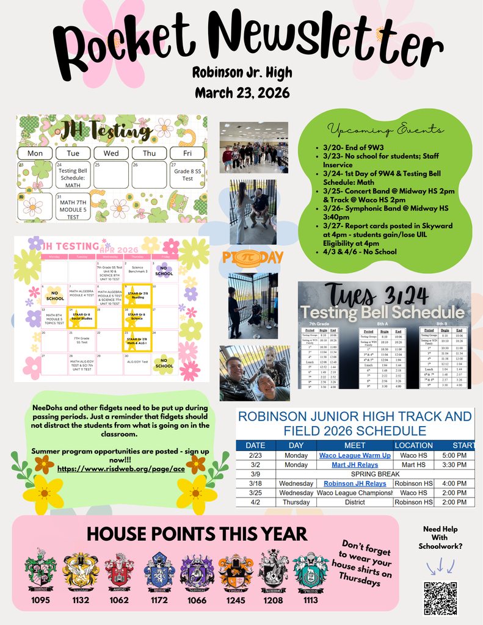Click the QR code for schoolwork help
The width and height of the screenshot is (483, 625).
pyautogui.click(x=440, y=598)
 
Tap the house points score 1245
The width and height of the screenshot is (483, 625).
pyautogui.click(x=235, y=600)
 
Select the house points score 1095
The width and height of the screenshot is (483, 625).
pyautogui.click(x=40, y=600)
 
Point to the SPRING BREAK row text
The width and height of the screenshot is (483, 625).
pyautogui.click(x=375, y=474)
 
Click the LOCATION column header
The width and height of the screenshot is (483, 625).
pyautogui.click(x=413, y=446)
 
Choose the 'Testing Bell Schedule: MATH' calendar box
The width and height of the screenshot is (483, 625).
pyautogui.click(x=73, y=175)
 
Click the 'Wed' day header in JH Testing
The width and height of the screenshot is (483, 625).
pyautogui.click(x=111, y=153)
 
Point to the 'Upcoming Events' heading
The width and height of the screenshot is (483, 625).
pyautogui.click(x=385, y=129)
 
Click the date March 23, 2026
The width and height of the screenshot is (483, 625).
pyautogui.click(x=242, y=93)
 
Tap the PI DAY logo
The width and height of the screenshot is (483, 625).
pyautogui.click(x=252, y=257)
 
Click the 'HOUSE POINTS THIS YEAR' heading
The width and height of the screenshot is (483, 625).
pyautogui.click(x=197, y=533)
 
